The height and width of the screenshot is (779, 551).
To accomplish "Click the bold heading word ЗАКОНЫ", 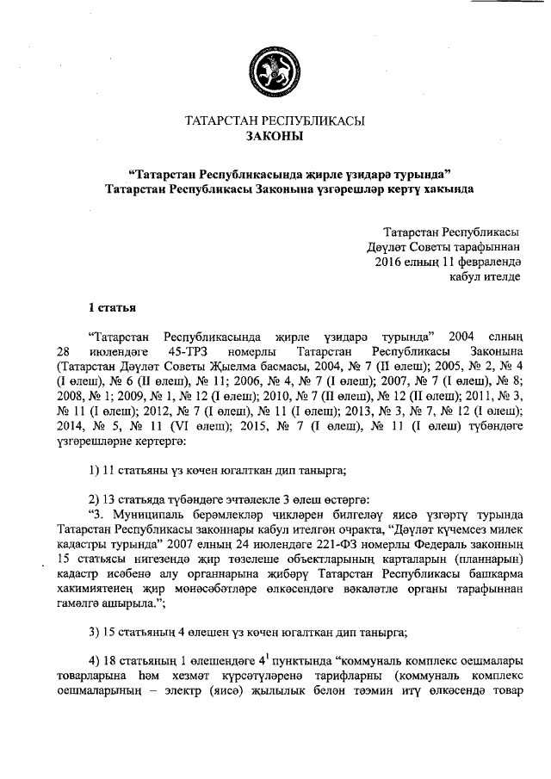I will point(275,136).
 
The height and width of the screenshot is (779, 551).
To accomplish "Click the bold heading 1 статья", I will point(111,306).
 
